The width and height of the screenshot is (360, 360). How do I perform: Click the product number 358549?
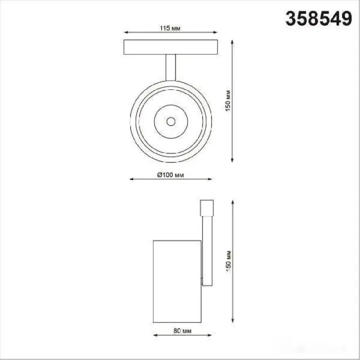pyautogui.click(x=318, y=19)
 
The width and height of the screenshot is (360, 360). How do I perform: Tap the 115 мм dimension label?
pyautogui.click(x=170, y=28)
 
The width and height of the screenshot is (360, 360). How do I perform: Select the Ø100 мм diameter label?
pyautogui.click(x=170, y=175)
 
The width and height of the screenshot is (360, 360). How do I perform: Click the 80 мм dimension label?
pyautogui.click(x=183, y=331)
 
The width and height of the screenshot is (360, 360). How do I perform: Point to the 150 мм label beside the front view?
pyautogui.click(x=228, y=101)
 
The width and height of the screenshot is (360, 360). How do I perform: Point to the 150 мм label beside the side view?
pyautogui.click(x=228, y=261)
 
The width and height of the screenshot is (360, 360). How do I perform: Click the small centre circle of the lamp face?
pyautogui.click(x=171, y=121)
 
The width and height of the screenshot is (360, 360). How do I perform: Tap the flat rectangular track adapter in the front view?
pyautogui.click(x=171, y=47)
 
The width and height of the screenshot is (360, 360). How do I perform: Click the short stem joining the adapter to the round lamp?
pyautogui.click(x=171, y=67)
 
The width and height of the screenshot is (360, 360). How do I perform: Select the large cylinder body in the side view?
pyautogui.click(x=177, y=281)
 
